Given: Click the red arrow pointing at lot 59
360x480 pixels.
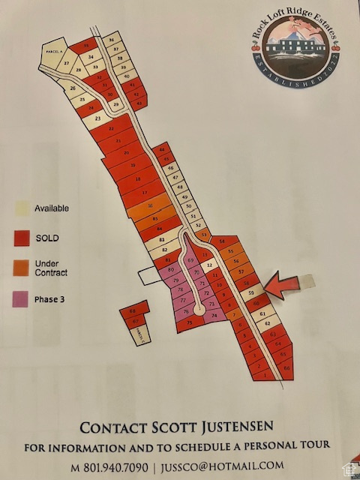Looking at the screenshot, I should coord(283,286).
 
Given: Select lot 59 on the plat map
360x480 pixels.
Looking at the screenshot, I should coord(253,292).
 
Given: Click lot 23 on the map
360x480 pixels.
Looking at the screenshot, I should coord(98,118).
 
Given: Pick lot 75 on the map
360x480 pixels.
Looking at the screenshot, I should coord(190,322).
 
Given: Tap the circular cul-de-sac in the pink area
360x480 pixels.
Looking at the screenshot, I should coord(199,309).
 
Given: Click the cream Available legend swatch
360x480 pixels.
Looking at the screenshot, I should coord(22,209).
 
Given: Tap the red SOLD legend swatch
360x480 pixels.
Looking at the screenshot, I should coord(22,238).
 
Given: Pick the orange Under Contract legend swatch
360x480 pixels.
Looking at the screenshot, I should coord(22,268).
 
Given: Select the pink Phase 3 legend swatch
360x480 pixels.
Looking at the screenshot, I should coord(22,300).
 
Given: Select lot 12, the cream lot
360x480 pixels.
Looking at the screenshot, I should coord(210,265).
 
